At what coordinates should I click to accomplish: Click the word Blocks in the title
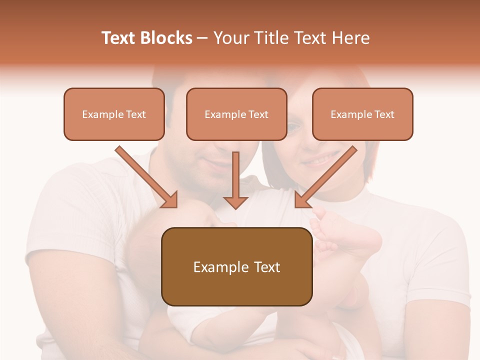[x=167, y=38]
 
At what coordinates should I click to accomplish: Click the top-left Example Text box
[x=114, y=114]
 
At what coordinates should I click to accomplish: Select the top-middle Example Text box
[x=236, y=114]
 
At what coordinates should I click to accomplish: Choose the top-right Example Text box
[x=362, y=114]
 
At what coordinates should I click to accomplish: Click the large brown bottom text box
[x=236, y=266]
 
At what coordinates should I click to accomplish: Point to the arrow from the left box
[x=145, y=175]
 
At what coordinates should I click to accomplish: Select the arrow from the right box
[x=327, y=175]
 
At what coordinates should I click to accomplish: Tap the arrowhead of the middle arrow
[x=235, y=201]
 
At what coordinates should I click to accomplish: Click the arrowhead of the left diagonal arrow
[x=170, y=199]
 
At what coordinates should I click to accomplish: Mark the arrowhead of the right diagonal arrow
[x=302, y=199]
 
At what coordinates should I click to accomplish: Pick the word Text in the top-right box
[x=384, y=114]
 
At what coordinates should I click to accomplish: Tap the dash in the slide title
[x=202, y=38]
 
